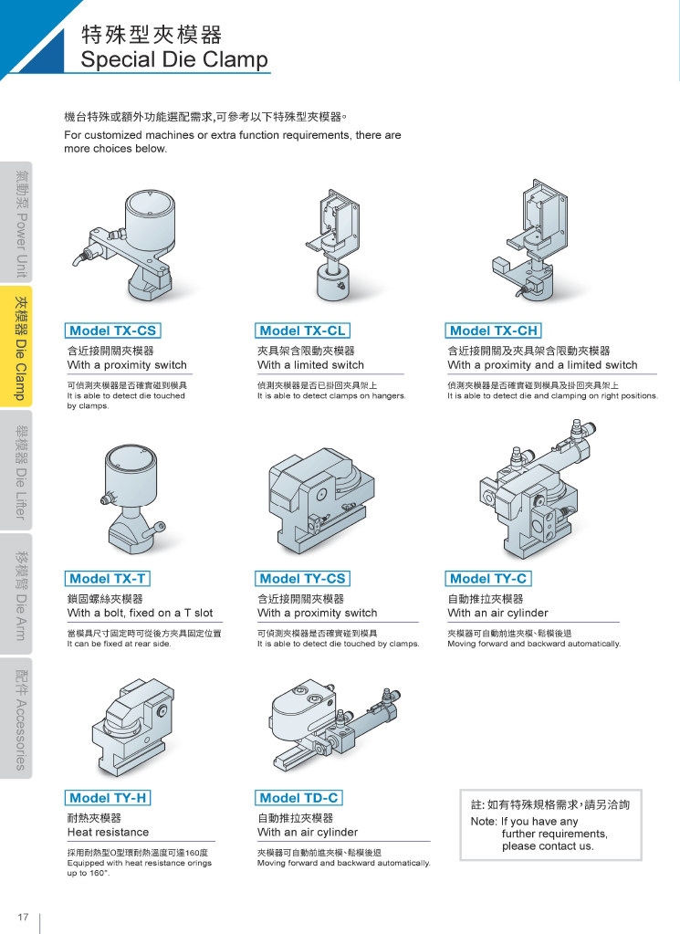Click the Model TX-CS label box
pos(112,331)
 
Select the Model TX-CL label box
pos(302,331)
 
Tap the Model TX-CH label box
pos(494,331)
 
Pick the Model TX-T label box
pos(107,579)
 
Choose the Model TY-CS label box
pos(302,579)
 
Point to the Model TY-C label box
pos(488,579)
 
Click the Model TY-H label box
pos(108,798)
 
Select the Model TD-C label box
pos(298,798)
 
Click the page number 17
pos(23,917)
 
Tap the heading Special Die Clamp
pos(174,59)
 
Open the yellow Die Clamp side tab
pos(16,347)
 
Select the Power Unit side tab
pos(16,222)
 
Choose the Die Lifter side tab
pos(16,470)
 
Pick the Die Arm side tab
pos(16,594)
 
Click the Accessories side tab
pos(16,719)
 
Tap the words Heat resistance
pos(108,832)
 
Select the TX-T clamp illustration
pos(132,496)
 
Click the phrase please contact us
pos(548,846)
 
